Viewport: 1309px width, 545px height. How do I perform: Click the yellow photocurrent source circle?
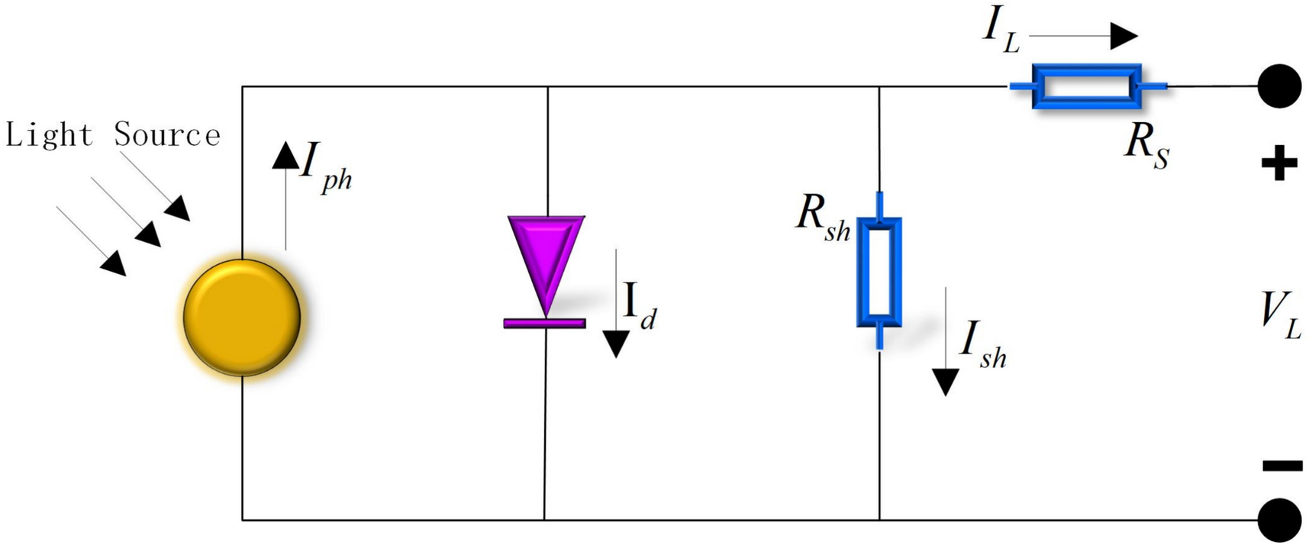click(242, 318)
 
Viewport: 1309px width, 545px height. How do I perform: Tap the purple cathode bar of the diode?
click(544, 324)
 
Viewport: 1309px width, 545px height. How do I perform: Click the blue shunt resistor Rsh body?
click(879, 272)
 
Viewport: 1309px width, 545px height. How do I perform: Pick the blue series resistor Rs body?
click(1086, 86)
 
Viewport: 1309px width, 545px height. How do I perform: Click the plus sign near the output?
click(1279, 163)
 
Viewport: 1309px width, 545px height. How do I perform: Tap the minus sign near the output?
click(1282, 465)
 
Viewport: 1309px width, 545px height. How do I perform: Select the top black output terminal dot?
click(1279, 86)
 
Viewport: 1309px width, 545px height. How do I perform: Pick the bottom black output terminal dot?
click(1279, 520)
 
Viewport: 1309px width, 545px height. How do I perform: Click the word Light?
click(49, 135)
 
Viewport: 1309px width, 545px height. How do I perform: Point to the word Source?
click(167, 135)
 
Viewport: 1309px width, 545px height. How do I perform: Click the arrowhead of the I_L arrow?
click(1124, 36)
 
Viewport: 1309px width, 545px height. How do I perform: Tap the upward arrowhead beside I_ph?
click(286, 155)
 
